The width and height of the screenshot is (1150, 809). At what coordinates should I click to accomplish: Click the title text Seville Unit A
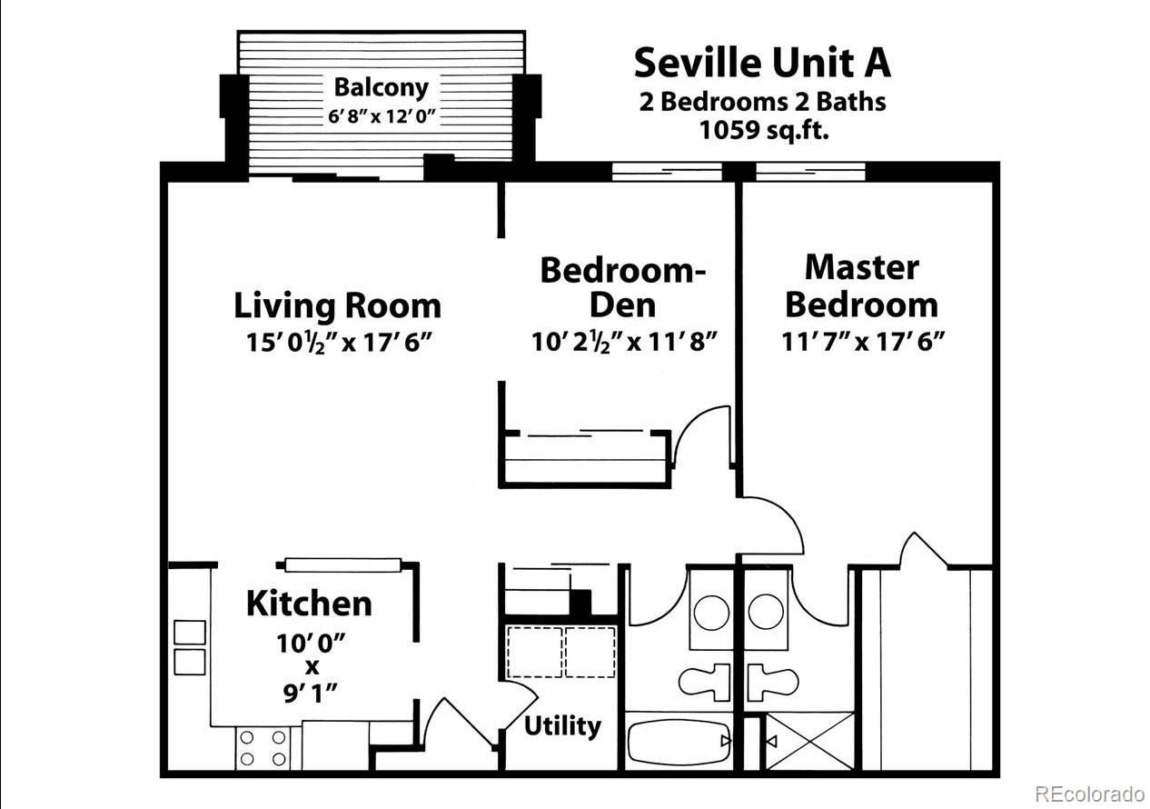coord(762,63)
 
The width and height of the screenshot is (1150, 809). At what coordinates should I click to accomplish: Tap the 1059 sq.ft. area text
coord(764,130)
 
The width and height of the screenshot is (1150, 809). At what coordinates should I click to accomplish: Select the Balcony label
coord(381,88)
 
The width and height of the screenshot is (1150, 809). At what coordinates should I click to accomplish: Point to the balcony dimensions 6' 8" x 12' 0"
coord(382,116)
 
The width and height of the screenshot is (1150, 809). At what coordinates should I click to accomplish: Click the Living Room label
coord(337,306)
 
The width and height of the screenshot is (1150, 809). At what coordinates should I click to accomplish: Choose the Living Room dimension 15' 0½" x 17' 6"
coord(340,342)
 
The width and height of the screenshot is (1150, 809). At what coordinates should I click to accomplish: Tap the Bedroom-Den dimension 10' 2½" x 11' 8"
coord(624,342)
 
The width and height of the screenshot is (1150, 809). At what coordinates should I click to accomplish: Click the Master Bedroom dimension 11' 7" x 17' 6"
coord(863,342)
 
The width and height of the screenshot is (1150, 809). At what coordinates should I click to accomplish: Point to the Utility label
coord(562,726)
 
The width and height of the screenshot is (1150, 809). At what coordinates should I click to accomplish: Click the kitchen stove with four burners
coord(263,748)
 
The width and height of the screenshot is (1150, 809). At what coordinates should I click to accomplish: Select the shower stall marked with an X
coord(810,741)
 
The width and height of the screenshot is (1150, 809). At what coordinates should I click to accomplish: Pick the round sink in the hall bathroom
coord(711,613)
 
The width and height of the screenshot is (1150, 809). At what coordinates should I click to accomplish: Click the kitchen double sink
coord(190,648)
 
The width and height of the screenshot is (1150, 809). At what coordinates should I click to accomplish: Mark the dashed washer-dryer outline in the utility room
coord(561,652)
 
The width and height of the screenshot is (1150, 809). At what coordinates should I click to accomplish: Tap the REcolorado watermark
coord(1089,794)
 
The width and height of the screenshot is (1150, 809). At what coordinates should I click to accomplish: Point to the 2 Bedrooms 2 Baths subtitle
coord(762,102)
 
